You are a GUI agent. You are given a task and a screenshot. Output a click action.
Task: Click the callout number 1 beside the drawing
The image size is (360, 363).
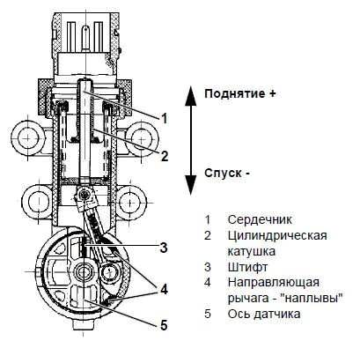[165, 118]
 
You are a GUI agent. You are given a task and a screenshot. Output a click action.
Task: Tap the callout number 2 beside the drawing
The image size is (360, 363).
[165, 156]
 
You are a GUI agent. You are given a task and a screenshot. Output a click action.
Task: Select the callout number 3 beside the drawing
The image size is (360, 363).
[164, 248]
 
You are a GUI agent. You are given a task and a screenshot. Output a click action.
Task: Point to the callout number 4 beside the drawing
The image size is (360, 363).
[164, 289]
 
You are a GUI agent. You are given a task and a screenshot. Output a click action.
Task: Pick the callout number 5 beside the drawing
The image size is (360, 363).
[164, 325]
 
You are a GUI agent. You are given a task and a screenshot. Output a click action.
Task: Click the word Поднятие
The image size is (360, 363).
[236, 94]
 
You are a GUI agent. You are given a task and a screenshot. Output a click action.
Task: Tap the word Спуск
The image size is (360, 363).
[223, 173]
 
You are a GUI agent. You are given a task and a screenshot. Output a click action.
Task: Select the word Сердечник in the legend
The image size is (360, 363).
[260, 219]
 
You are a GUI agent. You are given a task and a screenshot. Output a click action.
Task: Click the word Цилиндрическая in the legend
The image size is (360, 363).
[277, 235]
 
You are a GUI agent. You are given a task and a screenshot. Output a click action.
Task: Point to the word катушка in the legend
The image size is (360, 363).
[252, 251]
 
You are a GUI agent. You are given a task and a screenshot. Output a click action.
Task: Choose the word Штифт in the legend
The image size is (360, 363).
[247, 267]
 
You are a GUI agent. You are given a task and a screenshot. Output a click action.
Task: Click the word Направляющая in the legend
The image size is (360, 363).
[274, 283]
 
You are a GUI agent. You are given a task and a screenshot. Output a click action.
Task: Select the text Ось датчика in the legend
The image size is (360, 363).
[264, 314]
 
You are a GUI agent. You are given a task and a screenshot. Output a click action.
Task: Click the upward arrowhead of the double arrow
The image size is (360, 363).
[191, 94]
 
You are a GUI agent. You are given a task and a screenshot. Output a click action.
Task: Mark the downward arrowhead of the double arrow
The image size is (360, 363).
[191, 184]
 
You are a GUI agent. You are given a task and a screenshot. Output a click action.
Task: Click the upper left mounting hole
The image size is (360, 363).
[28, 137]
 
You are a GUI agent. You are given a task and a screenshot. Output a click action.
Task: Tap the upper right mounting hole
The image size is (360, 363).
[142, 137]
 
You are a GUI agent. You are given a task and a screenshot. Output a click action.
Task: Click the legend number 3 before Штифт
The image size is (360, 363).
[208, 267]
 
